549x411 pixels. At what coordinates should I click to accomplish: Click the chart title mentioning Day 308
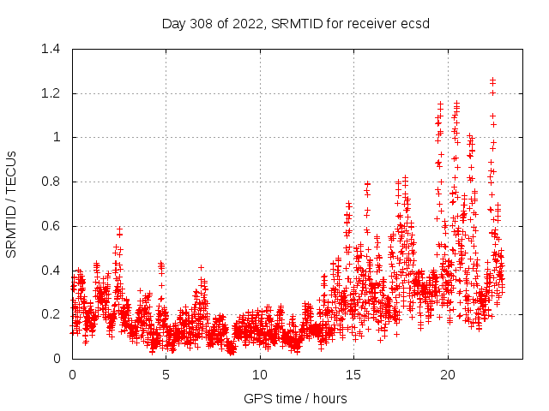click(x=296, y=22)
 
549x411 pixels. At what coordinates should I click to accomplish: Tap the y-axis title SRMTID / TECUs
click(x=12, y=204)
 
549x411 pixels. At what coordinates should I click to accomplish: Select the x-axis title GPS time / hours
click(x=296, y=398)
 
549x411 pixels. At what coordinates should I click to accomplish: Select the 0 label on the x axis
click(x=72, y=375)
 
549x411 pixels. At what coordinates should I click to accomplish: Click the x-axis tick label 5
click(x=166, y=375)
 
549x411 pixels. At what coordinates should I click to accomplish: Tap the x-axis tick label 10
click(x=260, y=375)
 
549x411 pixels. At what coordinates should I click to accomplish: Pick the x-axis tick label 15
click(x=353, y=375)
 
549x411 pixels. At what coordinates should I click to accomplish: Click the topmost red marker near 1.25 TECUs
click(x=492, y=80)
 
